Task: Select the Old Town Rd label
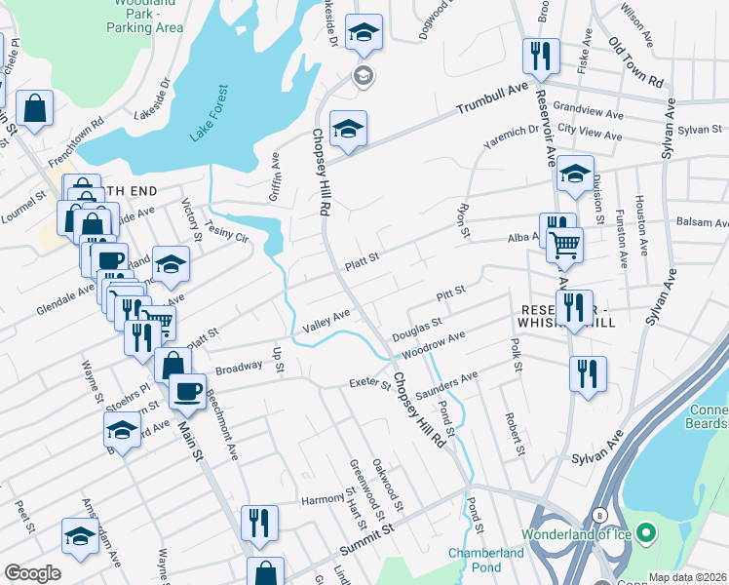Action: [635, 58]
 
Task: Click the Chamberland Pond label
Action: [486, 560]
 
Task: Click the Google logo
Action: [32, 573]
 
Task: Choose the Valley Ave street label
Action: [326, 320]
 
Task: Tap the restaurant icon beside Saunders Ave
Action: [588, 373]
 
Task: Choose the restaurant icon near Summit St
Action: [259, 524]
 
